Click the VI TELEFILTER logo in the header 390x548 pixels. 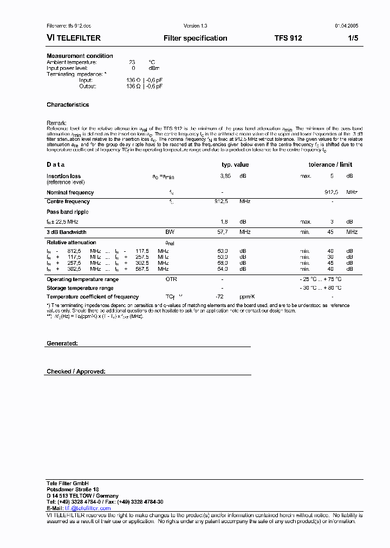(74, 38)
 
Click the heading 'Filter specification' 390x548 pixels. (195, 38)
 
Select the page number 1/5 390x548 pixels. (353, 38)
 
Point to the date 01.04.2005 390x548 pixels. (346, 25)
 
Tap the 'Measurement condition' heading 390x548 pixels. (80, 56)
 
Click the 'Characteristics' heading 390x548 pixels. (68, 105)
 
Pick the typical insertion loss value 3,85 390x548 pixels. (225, 176)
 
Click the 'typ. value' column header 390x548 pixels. (235, 165)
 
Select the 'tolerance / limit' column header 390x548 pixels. (330, 165)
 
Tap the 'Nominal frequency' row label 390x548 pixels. (70, 192)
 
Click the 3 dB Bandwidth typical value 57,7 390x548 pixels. (223, 232)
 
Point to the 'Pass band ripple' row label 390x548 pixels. (67, 212)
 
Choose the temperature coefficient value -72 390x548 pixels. (219, 297)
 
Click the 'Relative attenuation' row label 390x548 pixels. (71, 243)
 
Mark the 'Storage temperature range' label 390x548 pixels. (80, 288)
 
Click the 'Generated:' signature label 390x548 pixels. (62, 343)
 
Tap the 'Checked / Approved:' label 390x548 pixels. (76, 371)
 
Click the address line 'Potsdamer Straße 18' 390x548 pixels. (73, 489)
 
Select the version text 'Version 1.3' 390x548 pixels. (196, 25)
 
